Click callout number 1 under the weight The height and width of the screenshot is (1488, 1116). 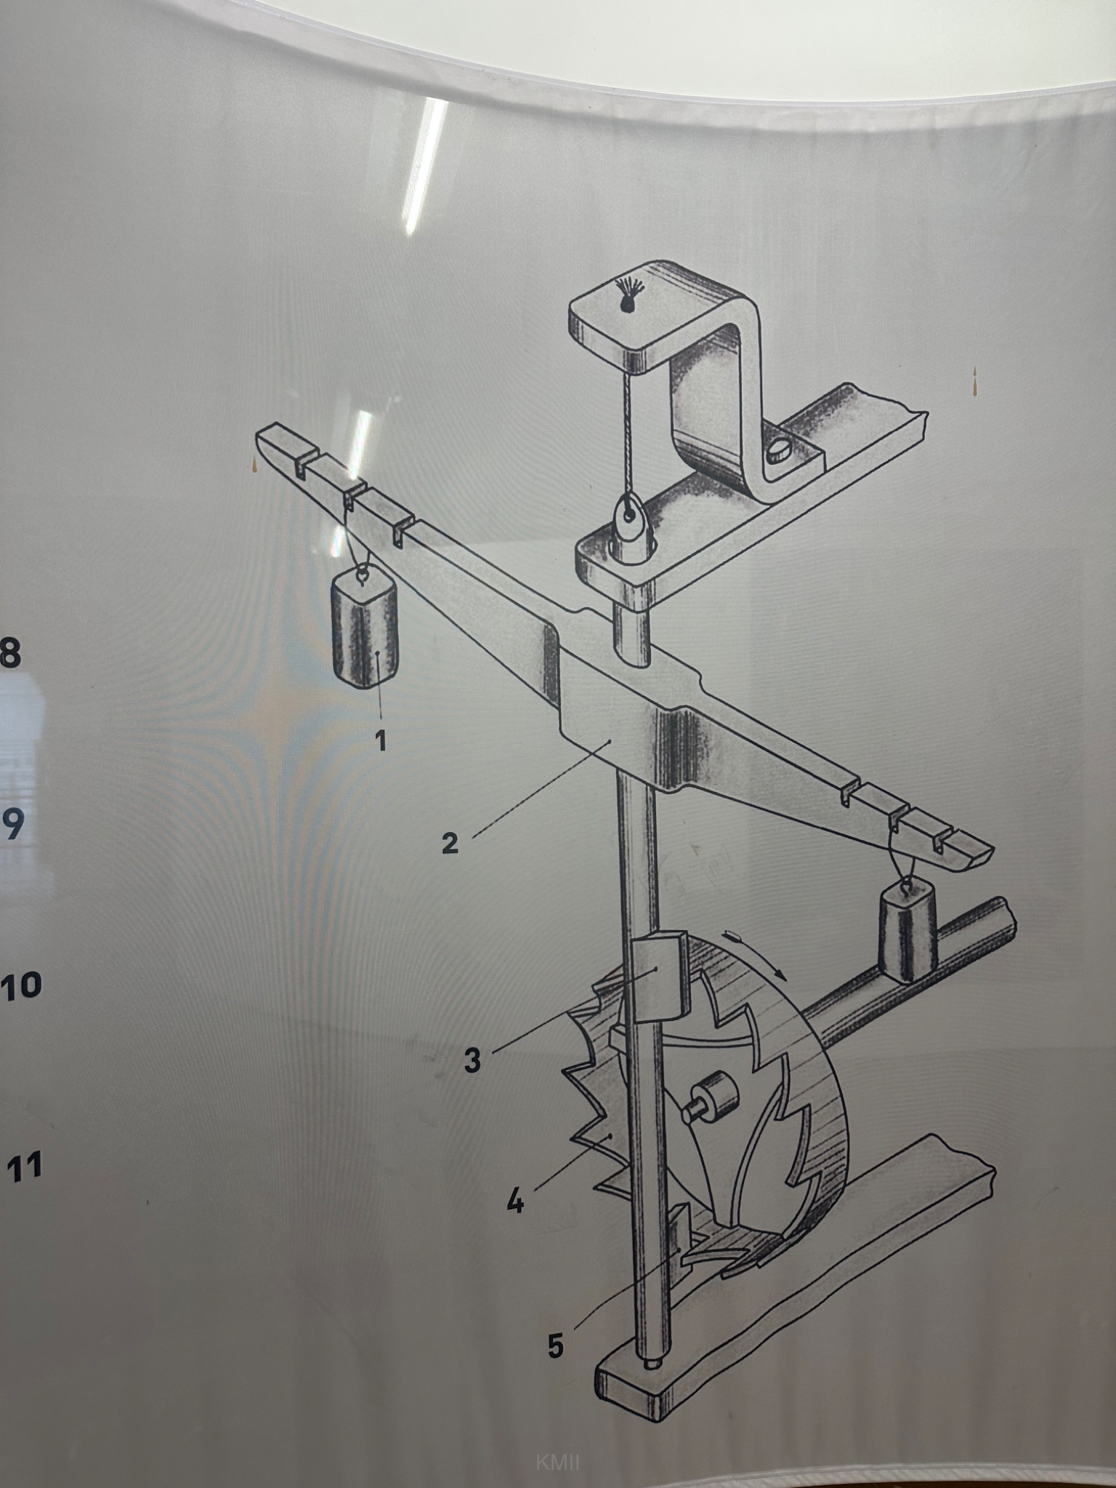380,741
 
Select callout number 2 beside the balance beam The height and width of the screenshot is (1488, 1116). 450,843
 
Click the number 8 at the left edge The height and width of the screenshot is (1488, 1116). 9,653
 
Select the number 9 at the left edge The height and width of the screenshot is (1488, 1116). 12,824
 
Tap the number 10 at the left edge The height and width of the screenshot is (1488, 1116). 21,987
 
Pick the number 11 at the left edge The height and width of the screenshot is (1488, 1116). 24,1166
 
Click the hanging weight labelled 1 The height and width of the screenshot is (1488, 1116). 365,628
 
